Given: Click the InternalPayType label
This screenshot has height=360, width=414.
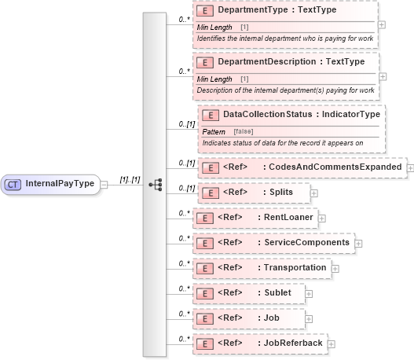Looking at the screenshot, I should [60, 184].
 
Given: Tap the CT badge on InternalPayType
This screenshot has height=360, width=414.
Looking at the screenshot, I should [13, 184].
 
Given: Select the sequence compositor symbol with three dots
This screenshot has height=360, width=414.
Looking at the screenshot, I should [155, 184].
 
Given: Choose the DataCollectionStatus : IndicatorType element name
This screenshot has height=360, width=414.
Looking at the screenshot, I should [301, 115].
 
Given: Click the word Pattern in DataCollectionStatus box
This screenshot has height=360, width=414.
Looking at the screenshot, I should [214, 130].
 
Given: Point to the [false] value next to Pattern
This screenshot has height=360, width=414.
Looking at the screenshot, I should [244, 130].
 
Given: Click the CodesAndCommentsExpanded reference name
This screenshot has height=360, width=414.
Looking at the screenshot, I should [331, 167].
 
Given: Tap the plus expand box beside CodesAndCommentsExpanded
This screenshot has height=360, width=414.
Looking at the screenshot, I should [410, 167].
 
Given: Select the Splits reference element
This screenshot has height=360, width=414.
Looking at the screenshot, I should [280, 192].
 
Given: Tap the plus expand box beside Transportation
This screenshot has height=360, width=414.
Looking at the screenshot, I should [335, 268].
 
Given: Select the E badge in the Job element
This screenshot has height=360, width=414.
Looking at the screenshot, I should [203, 318].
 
